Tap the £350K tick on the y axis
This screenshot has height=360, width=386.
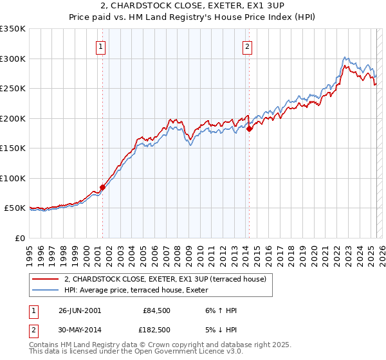click(x=13, y=29)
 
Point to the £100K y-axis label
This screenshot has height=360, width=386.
click(x=13, y=178)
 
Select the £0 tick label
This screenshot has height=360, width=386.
click(x=19, y=238)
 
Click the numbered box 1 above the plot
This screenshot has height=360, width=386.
click(x=102, y=46)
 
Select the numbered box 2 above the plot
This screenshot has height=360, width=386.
click(x=248, y=46)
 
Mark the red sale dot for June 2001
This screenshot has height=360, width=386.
click(x=102, y=188)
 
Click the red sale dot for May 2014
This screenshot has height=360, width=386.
click(x=249, y=129)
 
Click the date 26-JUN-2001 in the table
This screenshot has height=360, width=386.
click(x=80, y=310)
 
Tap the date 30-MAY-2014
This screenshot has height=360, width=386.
click(x=80, y=330)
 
